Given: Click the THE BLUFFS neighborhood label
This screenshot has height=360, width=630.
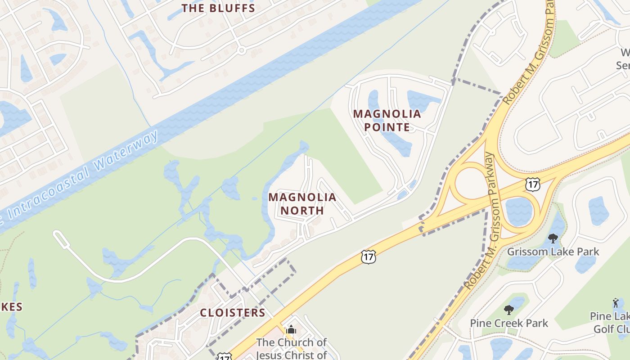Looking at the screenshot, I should pyautogui.click(x=218, y=8).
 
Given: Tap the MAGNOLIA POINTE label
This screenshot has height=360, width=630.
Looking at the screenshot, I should pyautogui.click(x=387, y=120).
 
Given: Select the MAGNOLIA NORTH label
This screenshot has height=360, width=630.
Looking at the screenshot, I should pyautogui.click(x=302, y=203).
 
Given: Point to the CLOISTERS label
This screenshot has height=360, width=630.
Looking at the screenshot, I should pyautogui.click(x=232, y=312).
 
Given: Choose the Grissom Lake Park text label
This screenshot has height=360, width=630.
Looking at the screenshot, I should pyautogui.click(x=553, y=251).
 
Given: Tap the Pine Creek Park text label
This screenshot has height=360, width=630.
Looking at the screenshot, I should pyautogui.click(x=509, y=323).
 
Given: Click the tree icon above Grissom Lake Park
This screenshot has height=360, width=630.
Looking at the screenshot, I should pyautogui.click(x=553, y=238).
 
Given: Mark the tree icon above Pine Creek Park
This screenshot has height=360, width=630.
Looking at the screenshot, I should pyautogui.click(x=509, y=310).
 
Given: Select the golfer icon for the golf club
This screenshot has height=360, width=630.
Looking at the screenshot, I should pyautogui.click(x=616, y=303).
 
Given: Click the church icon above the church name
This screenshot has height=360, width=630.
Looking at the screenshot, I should pyautogui.click(x=291, y=330).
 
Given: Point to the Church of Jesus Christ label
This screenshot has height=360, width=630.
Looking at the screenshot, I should pyautogui.click(x=291, y=348).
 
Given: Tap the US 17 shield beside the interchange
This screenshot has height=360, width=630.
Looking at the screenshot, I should pyautogui.click(x=532, y=184).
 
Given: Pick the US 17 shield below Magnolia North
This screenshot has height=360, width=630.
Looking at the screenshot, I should pyautogui.click(x=368, y=257).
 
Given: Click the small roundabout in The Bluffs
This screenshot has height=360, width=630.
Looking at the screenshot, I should pyautogui.click(x=242, y=50).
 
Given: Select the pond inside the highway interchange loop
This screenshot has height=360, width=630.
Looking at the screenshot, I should pyautogui.click(x=519, y=211).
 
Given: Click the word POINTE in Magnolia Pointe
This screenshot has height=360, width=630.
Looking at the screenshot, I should pyautogui.click(x=387, y=127).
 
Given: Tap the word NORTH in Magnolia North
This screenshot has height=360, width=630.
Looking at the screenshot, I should pyautogui.click(x=302, y=210).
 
